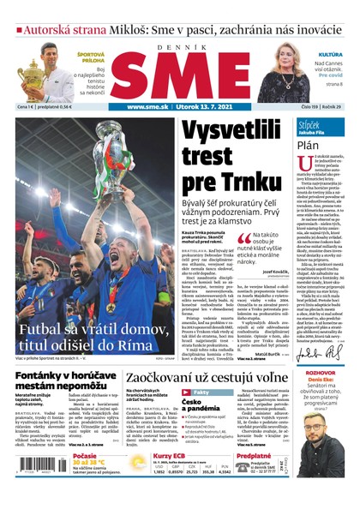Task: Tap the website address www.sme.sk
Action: (147, 107)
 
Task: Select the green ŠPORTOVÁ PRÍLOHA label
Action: (92, 58)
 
